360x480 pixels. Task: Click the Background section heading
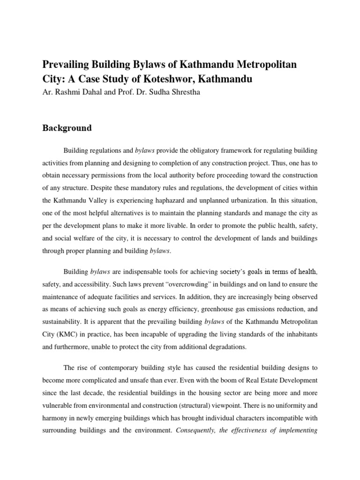(67, 128)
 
